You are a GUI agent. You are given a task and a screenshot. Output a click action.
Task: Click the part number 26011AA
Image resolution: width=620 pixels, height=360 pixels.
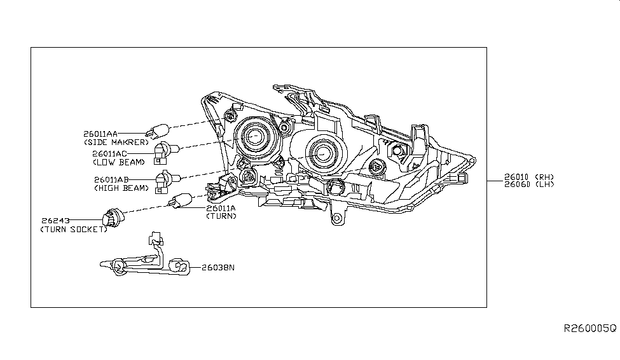pyautogui.click(x=100, y=134)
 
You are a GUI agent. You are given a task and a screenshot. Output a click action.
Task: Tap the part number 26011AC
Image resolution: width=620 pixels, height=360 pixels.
pyautogui.click(x=109, y=154)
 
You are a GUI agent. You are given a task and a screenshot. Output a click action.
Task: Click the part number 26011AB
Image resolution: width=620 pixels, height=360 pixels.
pyautogui.click(x=111, y=180)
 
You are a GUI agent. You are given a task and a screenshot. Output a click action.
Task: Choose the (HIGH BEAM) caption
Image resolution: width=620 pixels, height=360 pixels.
pyautogui.click(x=121, y=188)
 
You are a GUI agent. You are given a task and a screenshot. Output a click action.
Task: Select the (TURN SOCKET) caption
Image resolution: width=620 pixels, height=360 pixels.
pyautogui.click(x=73, y=229)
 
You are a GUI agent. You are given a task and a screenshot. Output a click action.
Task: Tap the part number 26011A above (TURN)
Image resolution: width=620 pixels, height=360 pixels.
pyautogui.click(x=221, y=208)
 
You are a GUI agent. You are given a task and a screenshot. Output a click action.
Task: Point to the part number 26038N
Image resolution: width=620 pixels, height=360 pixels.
pyautogui.click(x=218, y=268)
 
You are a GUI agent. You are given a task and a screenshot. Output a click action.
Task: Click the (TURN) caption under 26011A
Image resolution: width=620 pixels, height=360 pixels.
pyautogui.click(x=221, y=216)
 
